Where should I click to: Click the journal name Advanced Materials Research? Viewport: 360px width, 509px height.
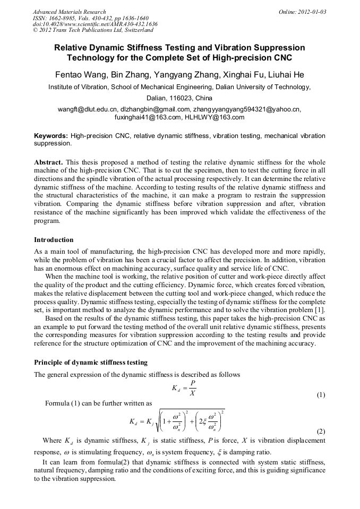69,12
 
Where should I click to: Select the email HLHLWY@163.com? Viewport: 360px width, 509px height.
215,117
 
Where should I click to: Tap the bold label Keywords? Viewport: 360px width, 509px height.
51,136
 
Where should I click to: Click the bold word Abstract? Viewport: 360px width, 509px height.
49,162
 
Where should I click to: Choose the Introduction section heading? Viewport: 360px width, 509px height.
54,240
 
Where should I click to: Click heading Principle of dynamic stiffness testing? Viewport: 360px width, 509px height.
91,363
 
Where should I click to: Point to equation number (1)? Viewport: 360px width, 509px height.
321,395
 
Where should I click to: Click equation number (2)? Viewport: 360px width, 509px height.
321,432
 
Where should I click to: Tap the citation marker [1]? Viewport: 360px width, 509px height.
320,310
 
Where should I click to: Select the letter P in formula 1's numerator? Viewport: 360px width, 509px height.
192,382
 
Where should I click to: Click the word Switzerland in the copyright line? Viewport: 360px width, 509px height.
132,30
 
